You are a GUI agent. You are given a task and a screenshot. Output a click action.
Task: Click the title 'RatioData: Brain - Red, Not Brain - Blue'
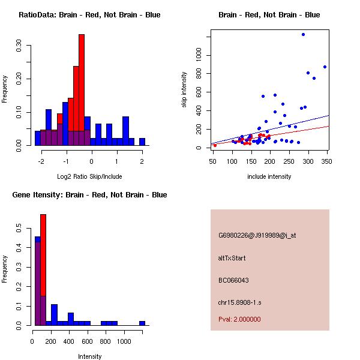coord(89,15)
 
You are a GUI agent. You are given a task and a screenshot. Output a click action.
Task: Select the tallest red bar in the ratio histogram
coord(82,90)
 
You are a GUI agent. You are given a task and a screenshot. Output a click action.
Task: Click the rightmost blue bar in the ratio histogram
coord(142,142)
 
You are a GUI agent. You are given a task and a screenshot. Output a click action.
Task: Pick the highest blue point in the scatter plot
coord(303,34)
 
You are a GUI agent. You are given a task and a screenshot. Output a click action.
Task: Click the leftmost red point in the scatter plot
coord(215,145)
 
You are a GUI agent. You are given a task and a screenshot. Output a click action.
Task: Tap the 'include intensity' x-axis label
coord(269,176)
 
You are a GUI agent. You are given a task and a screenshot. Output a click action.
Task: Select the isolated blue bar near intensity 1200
coord(142,323)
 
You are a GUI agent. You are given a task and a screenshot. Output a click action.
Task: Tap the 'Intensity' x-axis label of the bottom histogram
coord(89,356)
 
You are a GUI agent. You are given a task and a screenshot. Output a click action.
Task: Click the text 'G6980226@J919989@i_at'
coord(257,235)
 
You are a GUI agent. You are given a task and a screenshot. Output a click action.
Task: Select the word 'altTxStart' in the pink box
coord(232,258)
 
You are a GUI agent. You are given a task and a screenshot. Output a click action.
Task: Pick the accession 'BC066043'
coord(233,280)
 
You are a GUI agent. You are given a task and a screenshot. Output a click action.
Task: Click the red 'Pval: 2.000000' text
coord(239,319)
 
